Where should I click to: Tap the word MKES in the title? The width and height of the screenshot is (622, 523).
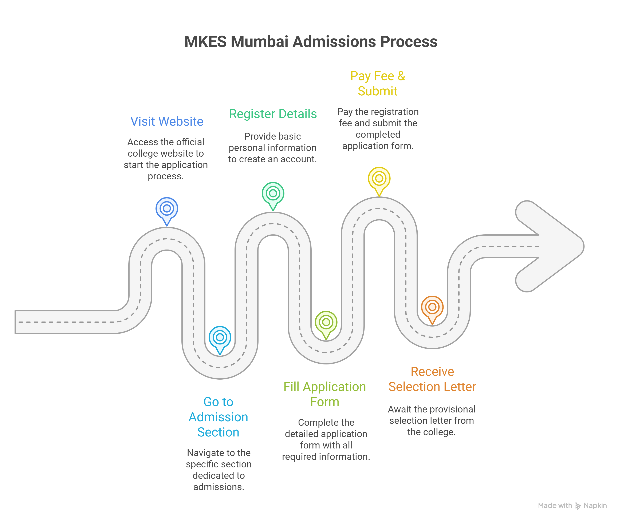click(x=205, y=41)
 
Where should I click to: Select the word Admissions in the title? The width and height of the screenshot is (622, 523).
click(x=334, y=41)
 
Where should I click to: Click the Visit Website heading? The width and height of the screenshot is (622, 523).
click(x=167, y=121)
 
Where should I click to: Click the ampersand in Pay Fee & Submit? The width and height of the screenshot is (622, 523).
click(x=401, y=76)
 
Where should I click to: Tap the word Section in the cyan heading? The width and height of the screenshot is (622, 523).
click(x=218, y=432)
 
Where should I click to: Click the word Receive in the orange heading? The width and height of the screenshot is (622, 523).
click(x=432, y=371)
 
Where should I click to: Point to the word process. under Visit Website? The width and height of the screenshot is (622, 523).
click(x=166, y=176)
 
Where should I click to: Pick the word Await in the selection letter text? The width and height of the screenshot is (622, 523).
click(x=399, y=410)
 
